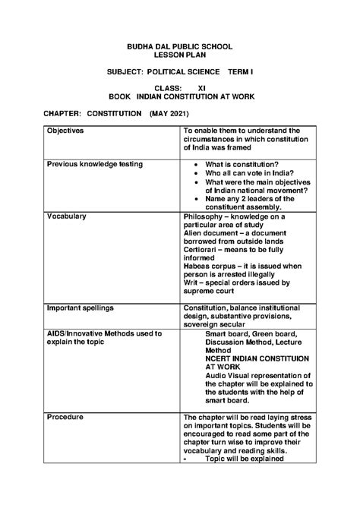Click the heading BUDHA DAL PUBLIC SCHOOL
click(x=179, y=47)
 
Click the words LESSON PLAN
click(x=179, y=56)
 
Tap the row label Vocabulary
click(x=67, y=216)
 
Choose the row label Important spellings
click(x=81, y=308)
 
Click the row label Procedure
click(x=65, y=417)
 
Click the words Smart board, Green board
click(x=251, y=333)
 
